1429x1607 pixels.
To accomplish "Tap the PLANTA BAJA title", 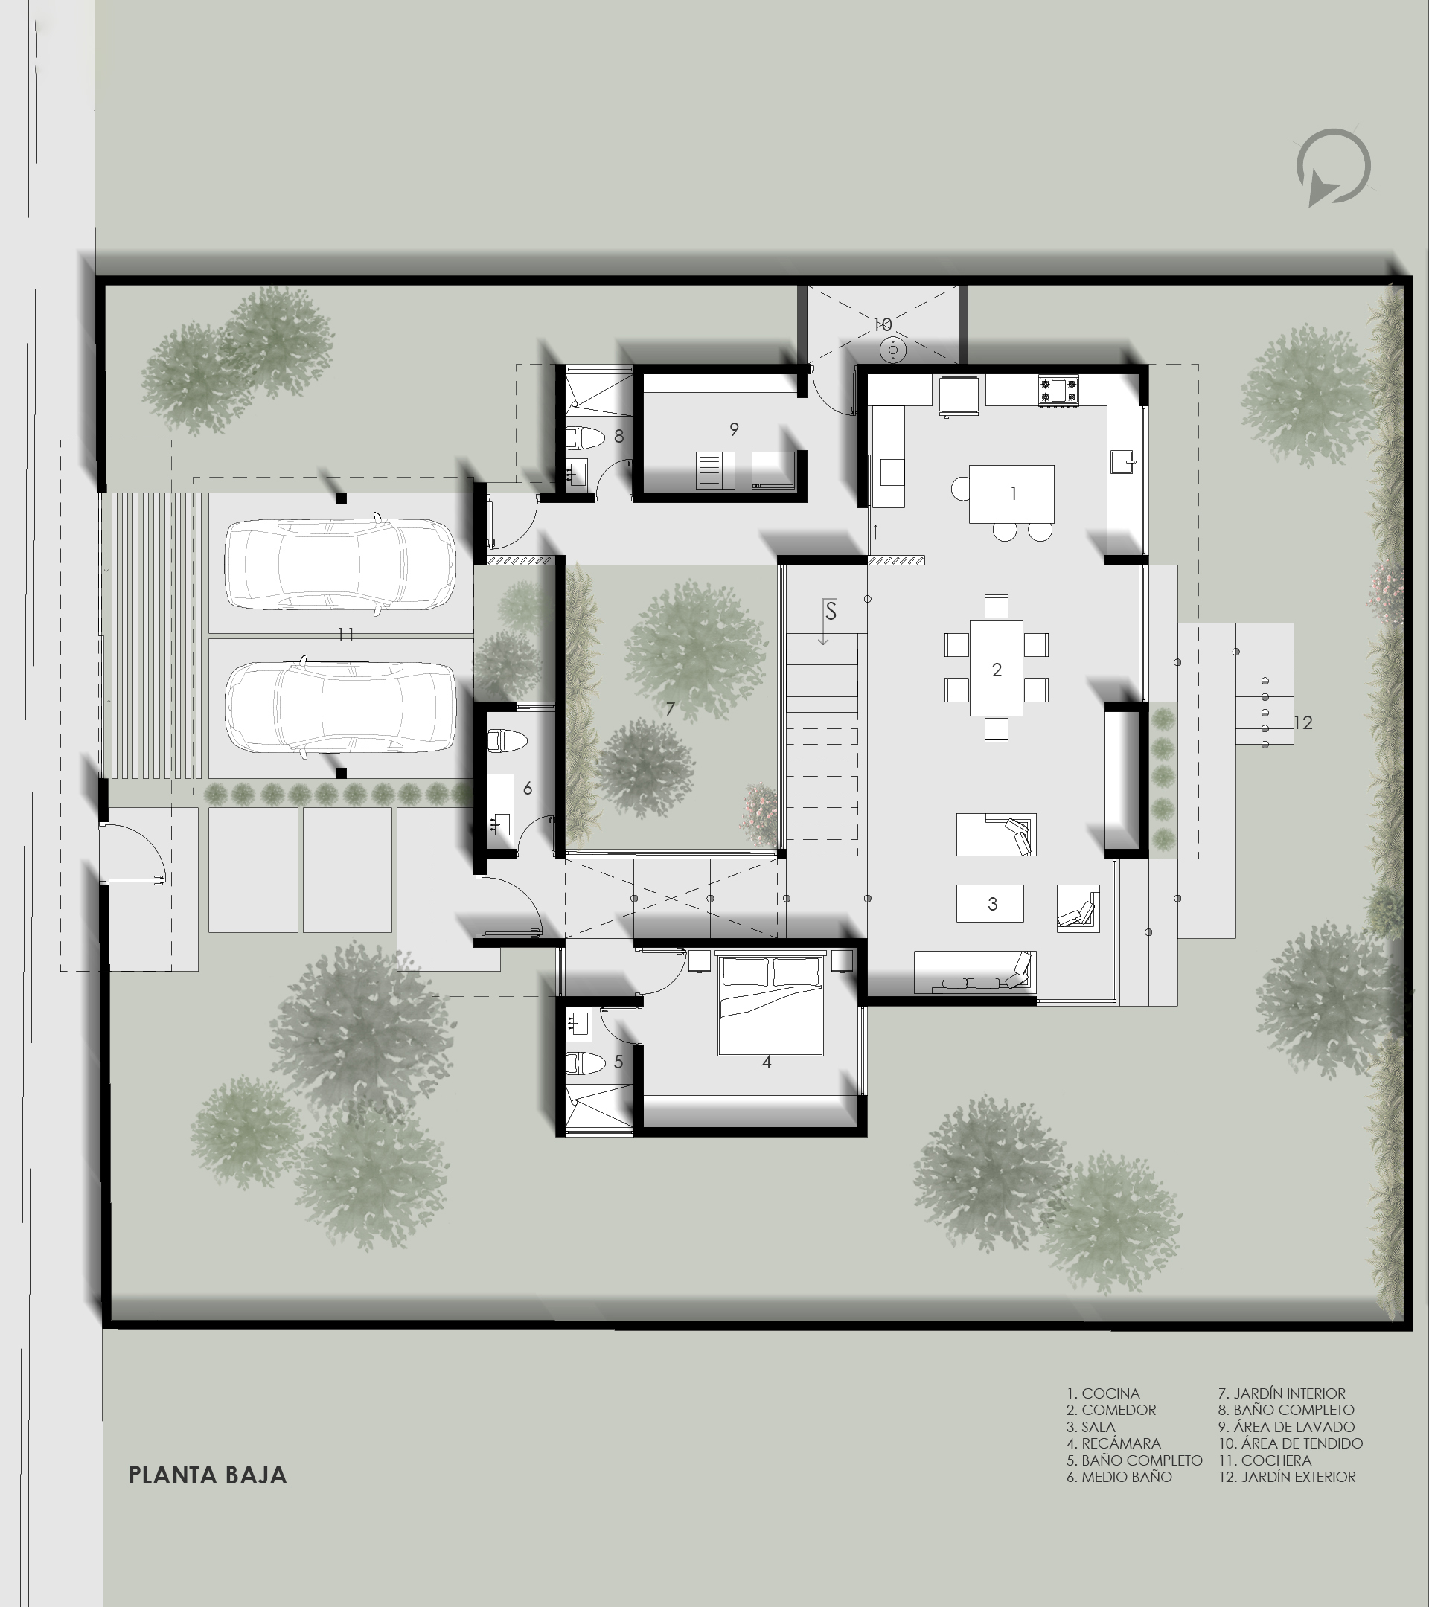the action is tap(208, 1474).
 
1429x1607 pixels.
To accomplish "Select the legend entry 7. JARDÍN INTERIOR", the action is tap(1282, 1393).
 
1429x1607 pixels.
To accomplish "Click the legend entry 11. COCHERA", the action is tap(1265, 1460).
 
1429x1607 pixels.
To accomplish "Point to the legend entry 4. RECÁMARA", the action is tap(1113, 1443).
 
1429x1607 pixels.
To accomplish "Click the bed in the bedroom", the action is tap(771, 1004).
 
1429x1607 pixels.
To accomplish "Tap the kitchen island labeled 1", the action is tap(1011, 494).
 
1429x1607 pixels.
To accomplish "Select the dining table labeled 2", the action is tap(997, 668).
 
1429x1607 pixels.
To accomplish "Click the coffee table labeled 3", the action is tap(990, 903).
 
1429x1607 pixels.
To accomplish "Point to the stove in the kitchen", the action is tap(1058, 390).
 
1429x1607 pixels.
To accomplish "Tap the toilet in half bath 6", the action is tap(508, 740).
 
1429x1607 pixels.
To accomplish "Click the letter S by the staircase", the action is tap(831, 609).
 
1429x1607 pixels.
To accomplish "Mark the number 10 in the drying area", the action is tap(883, 324).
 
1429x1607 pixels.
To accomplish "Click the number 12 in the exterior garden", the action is tap(1303, 722).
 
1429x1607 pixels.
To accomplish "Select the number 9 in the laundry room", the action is tap(734, 429).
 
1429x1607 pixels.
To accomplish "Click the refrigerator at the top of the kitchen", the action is tap(959, 394).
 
